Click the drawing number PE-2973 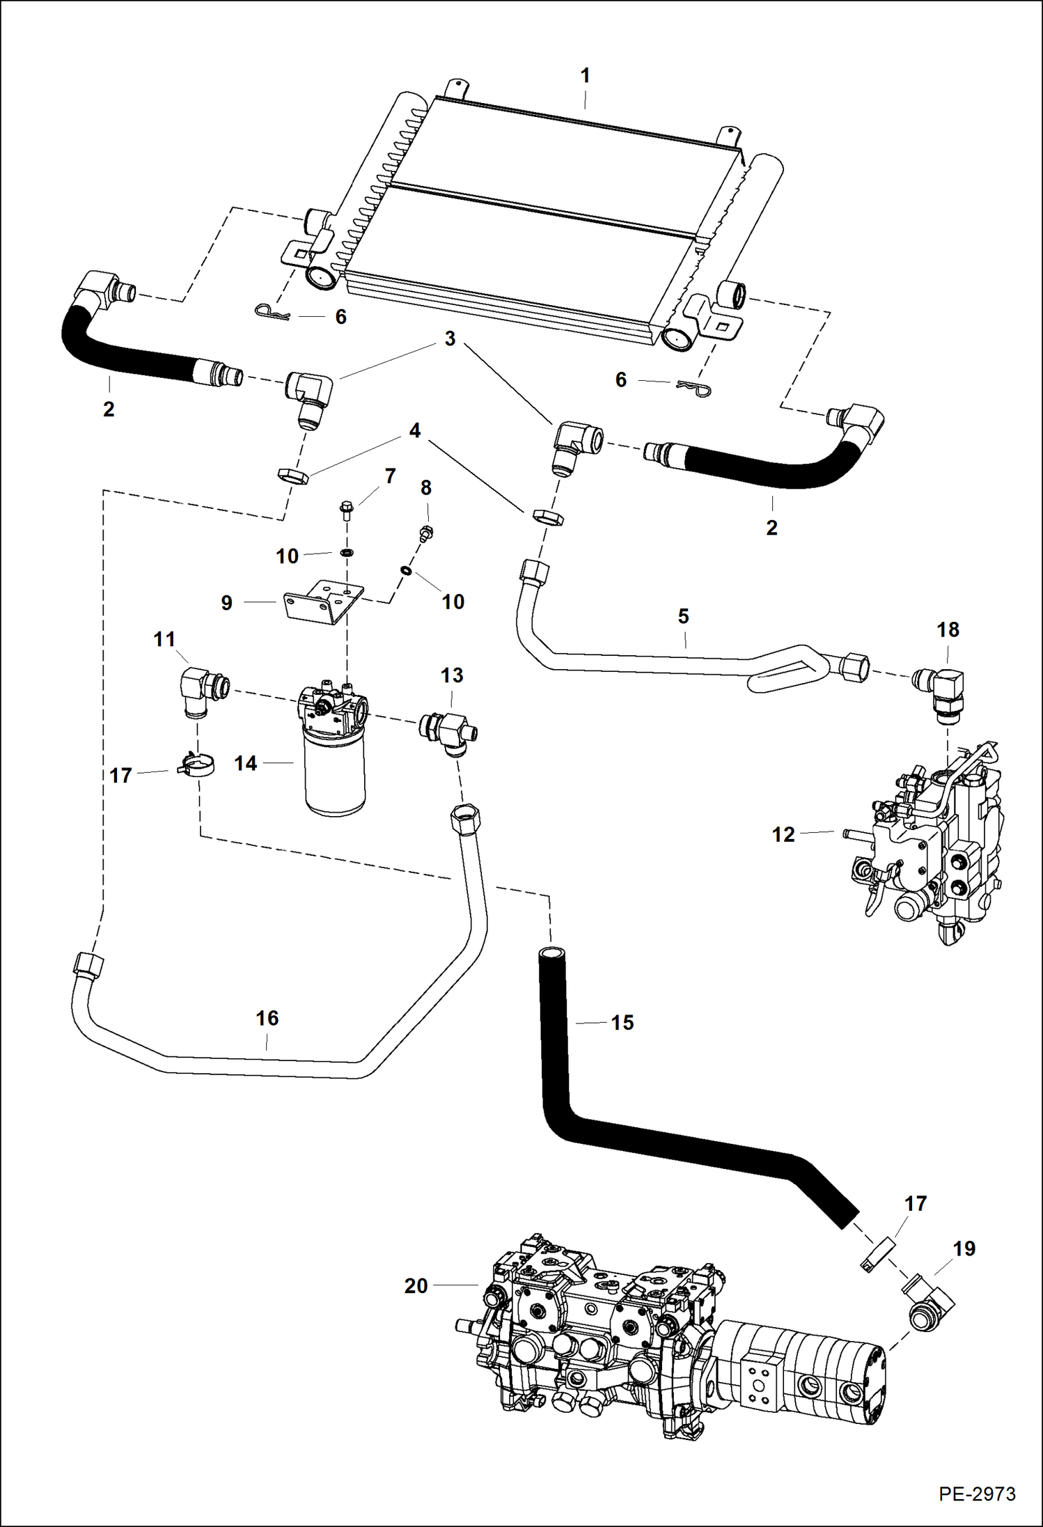pos(976,1494)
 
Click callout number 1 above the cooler pos(585,75)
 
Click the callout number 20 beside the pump pos(416,1285)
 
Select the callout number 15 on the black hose pos(622,1022)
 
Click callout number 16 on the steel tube pos(267,1018)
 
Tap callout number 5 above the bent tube pos(683,616)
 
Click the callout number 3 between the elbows pos(450,338)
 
